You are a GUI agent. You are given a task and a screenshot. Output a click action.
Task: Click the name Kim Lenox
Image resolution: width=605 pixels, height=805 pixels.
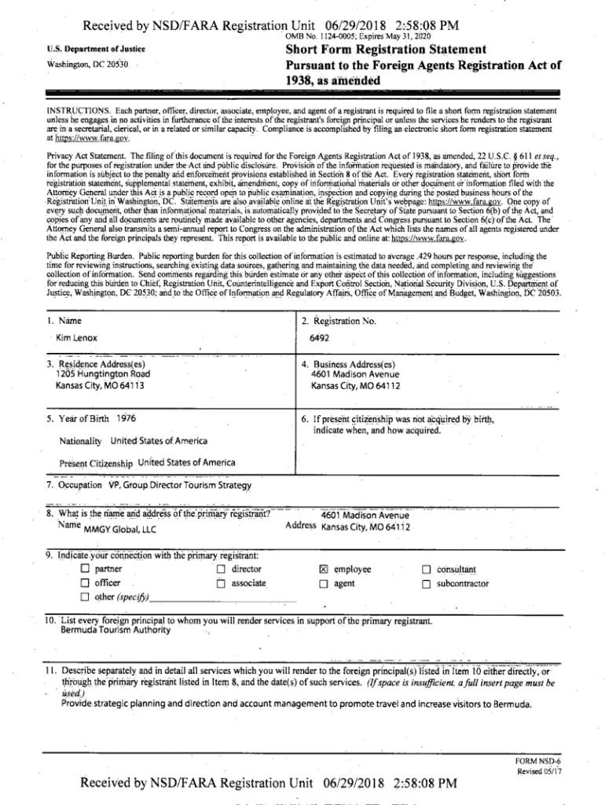[x=76, y=337]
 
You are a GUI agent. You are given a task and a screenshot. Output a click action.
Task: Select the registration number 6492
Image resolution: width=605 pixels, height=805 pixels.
[x=320, y=337]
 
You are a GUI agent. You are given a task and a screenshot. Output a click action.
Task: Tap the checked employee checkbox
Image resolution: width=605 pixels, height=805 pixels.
[x=323, y=569]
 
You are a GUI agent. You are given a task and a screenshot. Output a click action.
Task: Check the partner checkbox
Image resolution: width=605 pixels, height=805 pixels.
[x=85, y=569]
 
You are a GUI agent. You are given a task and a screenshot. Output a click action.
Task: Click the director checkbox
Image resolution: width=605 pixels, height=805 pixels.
[x=222, y=569]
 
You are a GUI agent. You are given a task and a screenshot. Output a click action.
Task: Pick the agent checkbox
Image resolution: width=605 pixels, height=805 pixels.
[x=323, y=584]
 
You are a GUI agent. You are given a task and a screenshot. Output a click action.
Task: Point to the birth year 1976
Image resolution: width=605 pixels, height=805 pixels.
[x=126, y=419]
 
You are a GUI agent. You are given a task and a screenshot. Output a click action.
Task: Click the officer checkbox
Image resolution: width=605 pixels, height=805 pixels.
[x=85, y=584]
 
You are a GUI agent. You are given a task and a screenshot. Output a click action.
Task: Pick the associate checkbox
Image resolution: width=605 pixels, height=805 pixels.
[x=222, y=584]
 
